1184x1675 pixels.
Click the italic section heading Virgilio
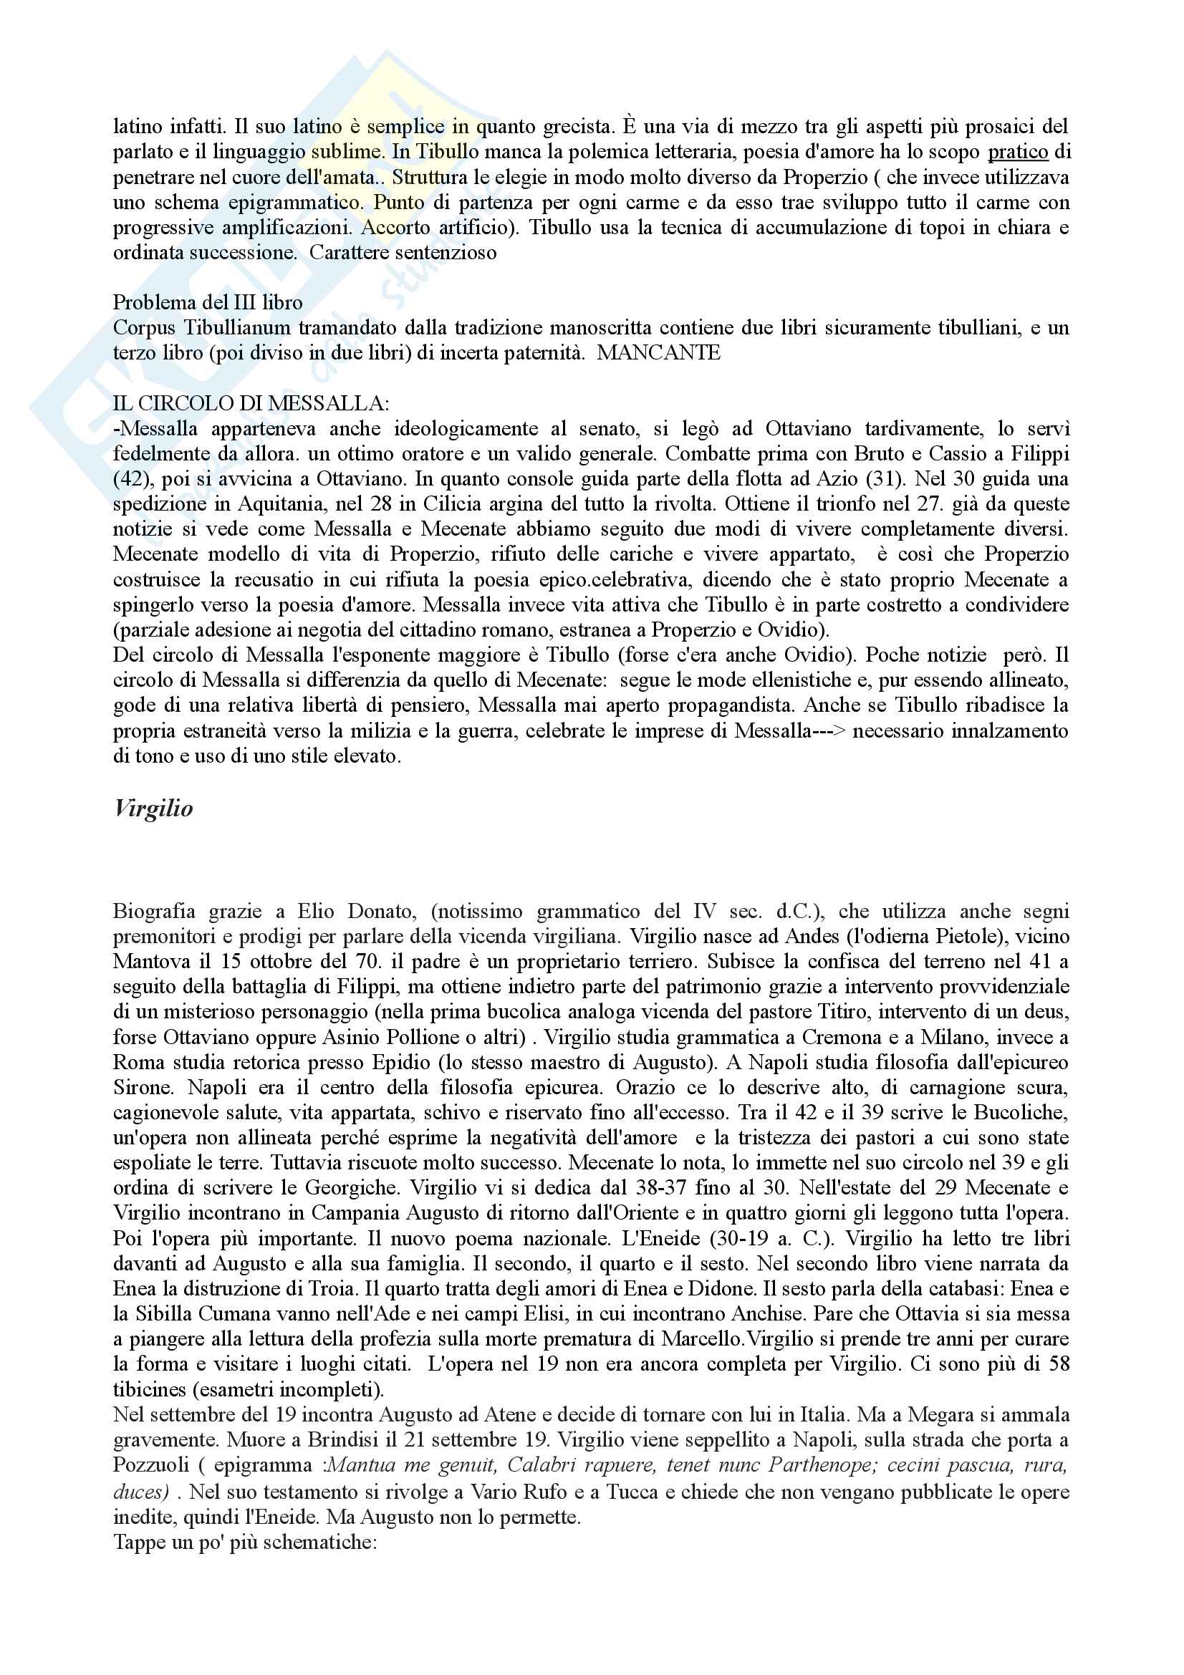(153, 809)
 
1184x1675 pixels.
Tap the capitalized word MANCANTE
(658, 353)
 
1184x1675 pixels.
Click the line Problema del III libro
(207, 303)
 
